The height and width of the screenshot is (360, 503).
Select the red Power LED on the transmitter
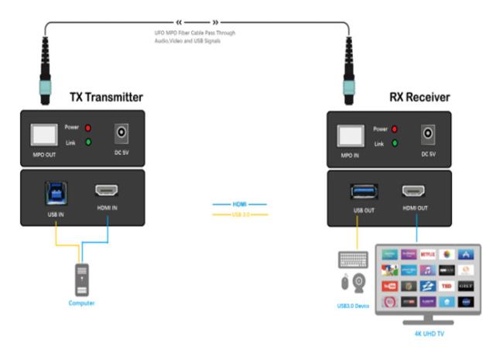coord(90,127)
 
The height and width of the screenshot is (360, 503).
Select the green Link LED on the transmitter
coord(90,142)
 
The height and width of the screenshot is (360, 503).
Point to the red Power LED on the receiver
coord(395,128)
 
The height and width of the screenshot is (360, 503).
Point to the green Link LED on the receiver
coord(395,143)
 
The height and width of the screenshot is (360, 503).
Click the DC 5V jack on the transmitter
coord(122,133)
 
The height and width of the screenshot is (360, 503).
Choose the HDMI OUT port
coord(414,190)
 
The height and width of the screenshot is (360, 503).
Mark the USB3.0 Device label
coord(353,307)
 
